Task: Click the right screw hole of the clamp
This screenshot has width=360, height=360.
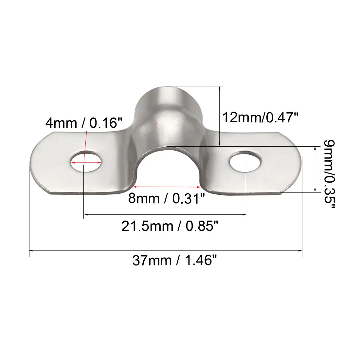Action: (x=246, y=161)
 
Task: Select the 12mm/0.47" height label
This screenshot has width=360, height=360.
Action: (x=261, y=117)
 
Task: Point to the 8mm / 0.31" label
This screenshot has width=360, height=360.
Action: (x=166, y=198)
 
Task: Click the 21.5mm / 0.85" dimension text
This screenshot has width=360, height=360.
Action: (x=170, y=226)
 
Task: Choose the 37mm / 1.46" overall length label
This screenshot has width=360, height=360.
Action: (x=175, y=261)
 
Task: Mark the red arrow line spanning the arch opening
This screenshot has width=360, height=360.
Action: (x=166, y=187)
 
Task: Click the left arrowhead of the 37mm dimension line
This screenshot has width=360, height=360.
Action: (x=31, y=251)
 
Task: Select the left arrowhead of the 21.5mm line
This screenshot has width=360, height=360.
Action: (x=86, y=215)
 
